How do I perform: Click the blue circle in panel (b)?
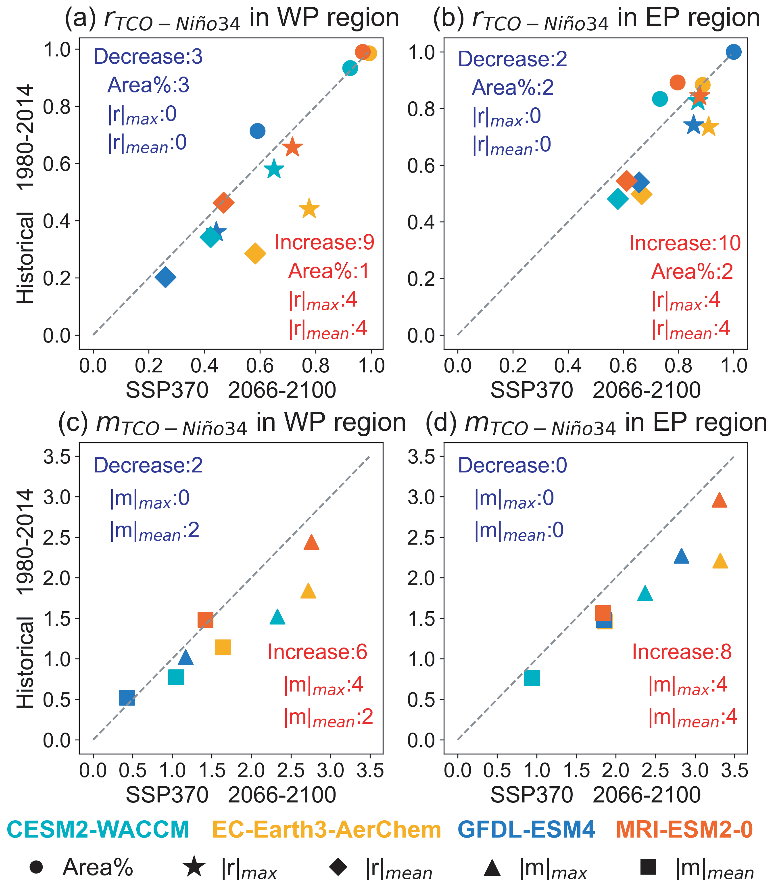733,52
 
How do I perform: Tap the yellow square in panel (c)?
223,647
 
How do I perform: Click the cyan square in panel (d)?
532,678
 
